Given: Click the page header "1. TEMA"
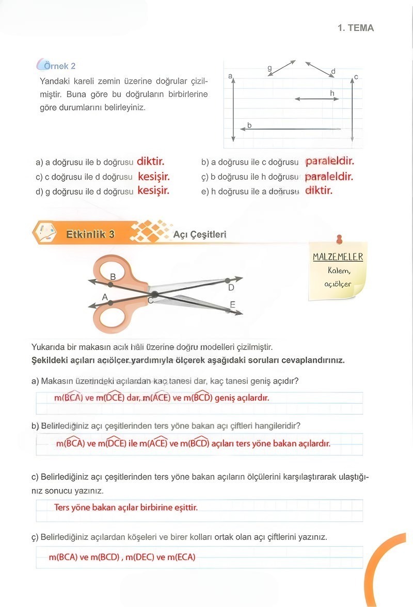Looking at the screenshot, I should point(355,28).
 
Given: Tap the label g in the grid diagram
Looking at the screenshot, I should point(269,68).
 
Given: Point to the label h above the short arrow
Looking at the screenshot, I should point(332,92).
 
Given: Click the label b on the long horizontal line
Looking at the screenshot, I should point(249,125).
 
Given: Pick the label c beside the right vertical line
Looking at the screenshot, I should point(356,77).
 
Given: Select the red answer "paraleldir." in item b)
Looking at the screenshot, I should point(329,162).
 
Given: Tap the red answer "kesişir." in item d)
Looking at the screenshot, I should point(153,190).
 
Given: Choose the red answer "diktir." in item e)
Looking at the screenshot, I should point(319,190).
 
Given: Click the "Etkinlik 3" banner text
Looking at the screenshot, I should point(90,234).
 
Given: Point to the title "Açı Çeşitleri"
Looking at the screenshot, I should point(199,234).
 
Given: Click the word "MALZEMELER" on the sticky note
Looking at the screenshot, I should point(338,257).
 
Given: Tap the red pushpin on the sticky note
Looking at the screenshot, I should point(339,239).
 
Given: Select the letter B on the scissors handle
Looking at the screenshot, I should point(113,277).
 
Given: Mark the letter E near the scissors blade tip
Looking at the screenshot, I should point(232,305).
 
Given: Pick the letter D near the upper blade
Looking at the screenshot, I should point(231,287).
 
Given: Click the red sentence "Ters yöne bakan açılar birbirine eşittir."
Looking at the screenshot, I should point(126,507).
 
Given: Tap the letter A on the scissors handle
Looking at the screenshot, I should point(105,297).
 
